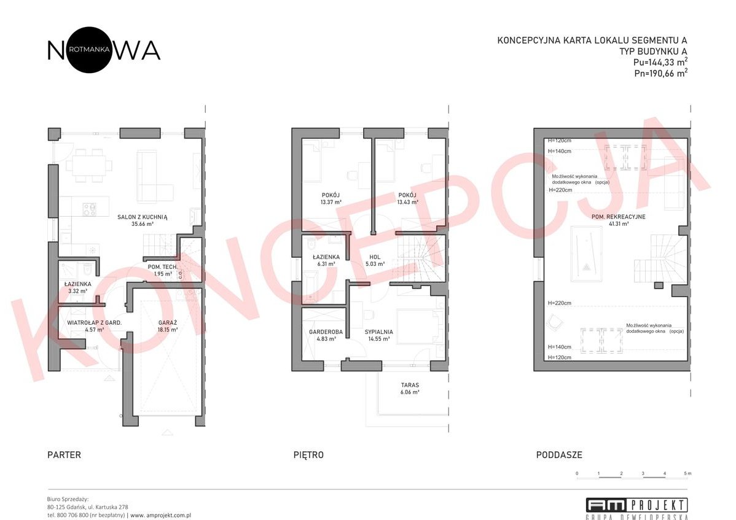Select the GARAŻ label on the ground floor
tap(166, 322)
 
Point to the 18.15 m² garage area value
tap(166, 330)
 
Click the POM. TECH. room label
tap(163, 267)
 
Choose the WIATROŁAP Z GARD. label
tap(94, 322)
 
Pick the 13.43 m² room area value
tap(408, 202)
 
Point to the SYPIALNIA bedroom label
tap(379, 332)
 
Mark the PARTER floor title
tap(64, 455)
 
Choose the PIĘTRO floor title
tap(308, 455)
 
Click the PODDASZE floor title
tap(559, 455)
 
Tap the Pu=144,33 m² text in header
tap(660, 62)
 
